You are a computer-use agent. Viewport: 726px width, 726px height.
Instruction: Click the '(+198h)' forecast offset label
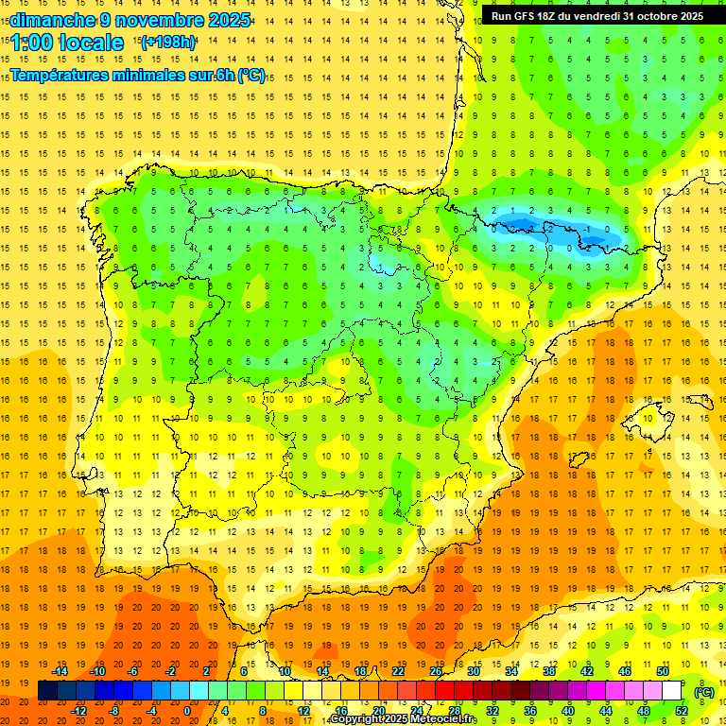167,43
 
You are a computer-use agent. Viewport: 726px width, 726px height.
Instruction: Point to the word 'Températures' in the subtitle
59,76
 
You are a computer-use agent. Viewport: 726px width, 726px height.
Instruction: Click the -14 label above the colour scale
60,671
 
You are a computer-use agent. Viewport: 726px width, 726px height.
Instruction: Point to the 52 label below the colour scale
681,710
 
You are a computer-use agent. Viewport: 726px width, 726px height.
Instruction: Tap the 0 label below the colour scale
187,710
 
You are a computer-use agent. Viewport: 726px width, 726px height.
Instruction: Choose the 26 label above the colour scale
436,671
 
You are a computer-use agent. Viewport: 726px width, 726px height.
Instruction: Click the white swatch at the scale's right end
671,691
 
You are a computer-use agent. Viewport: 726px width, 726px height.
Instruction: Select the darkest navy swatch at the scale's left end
47,691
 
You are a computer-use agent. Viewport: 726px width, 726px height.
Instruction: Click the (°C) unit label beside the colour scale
704,692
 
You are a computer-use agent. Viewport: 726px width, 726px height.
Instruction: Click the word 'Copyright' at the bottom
356,719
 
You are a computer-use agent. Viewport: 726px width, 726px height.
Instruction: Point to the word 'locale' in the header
94,43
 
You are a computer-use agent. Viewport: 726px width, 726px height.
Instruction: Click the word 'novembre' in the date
162,20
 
